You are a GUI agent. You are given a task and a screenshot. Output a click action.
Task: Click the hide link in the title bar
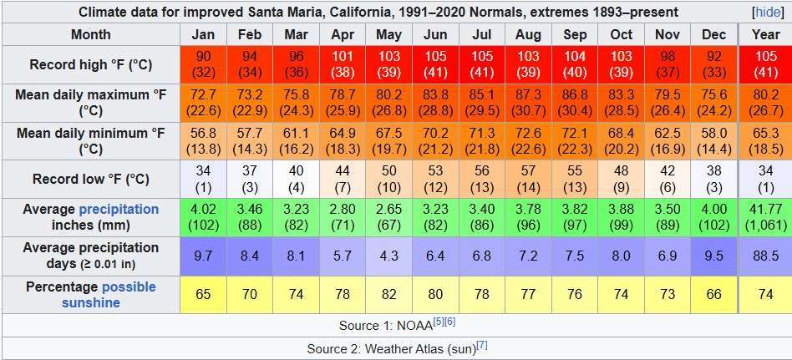point(767,13)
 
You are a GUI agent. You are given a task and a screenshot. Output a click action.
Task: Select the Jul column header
point(481,35)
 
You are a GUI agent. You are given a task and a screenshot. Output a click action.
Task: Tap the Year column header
point(765,35)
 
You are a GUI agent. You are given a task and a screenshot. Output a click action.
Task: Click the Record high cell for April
point(343,64)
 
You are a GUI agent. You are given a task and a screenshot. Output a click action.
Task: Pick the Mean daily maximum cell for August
point(528,103)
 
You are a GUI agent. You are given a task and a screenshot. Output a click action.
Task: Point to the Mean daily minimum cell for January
point(203,141)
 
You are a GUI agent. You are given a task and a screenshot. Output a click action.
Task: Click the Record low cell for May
point(388,179)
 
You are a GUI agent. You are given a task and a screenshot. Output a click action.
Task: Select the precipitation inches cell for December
point(714,217)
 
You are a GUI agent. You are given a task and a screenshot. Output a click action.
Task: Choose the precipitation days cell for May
point(388,256)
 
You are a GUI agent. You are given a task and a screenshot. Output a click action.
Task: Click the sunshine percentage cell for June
point(435,294)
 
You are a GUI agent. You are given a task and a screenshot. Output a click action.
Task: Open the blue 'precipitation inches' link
point(118,209)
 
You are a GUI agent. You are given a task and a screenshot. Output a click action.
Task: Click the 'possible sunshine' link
point(109,294)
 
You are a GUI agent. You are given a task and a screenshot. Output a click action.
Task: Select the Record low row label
point(90,179)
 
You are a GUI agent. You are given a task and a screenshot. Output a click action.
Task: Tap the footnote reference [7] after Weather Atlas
point(482,346)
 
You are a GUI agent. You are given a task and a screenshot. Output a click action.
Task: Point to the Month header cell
point(90,35)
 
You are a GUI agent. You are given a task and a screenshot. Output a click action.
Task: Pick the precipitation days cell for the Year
point(765,256)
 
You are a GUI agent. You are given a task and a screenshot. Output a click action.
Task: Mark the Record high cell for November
point(668,64)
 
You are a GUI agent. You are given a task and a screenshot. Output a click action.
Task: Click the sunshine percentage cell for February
point(249,294)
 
